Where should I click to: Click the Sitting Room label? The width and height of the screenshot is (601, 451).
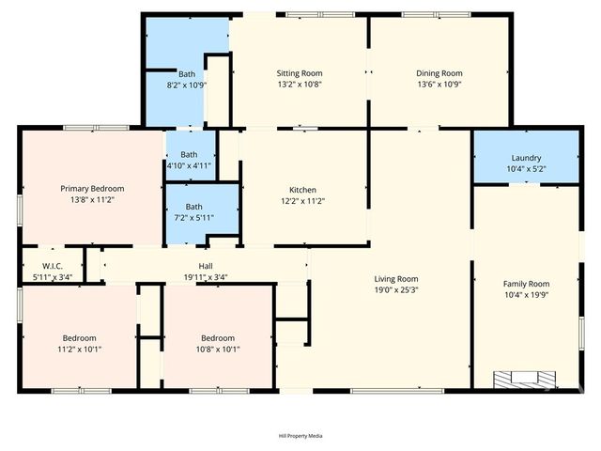(300, 73)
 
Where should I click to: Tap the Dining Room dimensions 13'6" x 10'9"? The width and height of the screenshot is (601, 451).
(439, 84)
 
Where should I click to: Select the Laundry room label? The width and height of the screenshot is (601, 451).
(526, 158)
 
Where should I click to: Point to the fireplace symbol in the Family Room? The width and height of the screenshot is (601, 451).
(525, 379)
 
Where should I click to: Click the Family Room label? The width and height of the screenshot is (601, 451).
(526, 284)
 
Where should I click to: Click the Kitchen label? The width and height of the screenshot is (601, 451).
(302, 190)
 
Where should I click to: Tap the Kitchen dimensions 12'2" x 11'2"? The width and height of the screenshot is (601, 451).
(302, 200)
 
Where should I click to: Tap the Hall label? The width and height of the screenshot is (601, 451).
(205, 267)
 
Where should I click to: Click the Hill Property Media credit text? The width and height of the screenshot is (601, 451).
(300, 436)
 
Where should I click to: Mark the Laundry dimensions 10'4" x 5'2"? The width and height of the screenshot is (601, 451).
(526, 168)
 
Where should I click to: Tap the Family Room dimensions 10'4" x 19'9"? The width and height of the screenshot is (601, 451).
(526, 294)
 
